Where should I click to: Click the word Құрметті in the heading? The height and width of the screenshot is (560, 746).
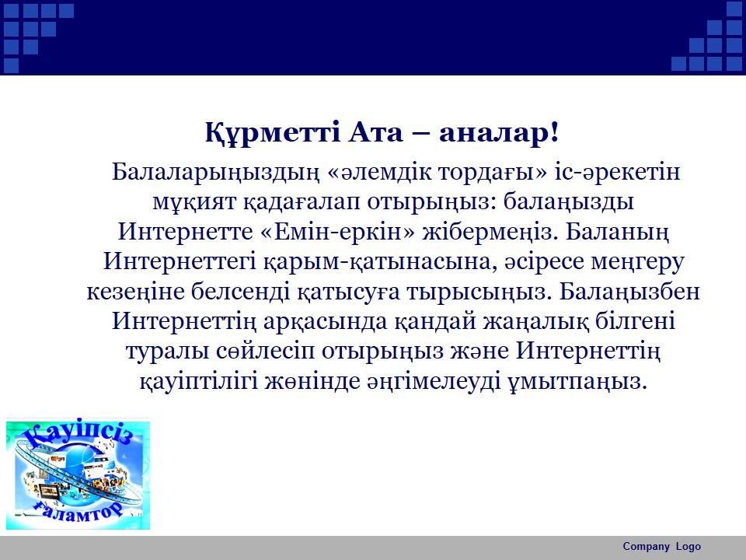click(x=273, y=133)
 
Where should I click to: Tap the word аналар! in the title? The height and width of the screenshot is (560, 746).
click(x=498, y=133)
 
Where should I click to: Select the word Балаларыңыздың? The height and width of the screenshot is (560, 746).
click(x=215, y=173)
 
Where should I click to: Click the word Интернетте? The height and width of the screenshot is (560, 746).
click(x=186, y=232)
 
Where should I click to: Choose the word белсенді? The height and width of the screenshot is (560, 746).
click(x=241, y=292)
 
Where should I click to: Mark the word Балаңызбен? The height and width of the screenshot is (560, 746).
click(x=629, y=292)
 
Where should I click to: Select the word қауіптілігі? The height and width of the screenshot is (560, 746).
click(x=200, y=381)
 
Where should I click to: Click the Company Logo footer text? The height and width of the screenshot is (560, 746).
click(x=662, y=546)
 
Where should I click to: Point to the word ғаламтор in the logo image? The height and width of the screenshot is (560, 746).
click(x=78, y=512)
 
